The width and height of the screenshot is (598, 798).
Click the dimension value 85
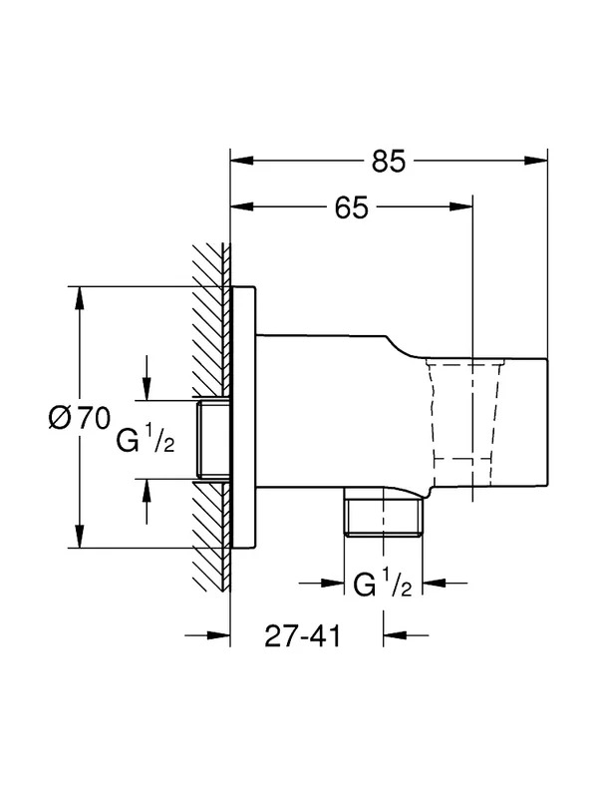pyautogui.click(x=389, y=162)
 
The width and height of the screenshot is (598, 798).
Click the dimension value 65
pyautogui.click(x=352, y=207)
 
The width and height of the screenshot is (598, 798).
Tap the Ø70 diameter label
pyautogui.click(x=80, y=418)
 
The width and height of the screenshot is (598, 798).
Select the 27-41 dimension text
pyautogui.click(x=302, y=635)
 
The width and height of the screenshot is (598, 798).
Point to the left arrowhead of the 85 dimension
pyautogui.click(x=242, y=161)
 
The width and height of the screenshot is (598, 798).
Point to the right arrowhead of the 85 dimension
pyautogui.click(x=536, y=161)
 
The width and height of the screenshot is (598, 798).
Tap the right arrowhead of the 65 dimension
pyautogui.click(x=461, y=206)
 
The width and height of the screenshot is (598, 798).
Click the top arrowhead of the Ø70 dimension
pyautogui.click(x=79, y=298)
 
